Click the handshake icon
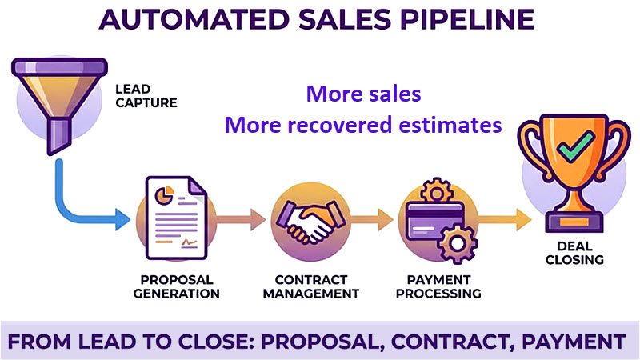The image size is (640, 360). click(x=305, y=219)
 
